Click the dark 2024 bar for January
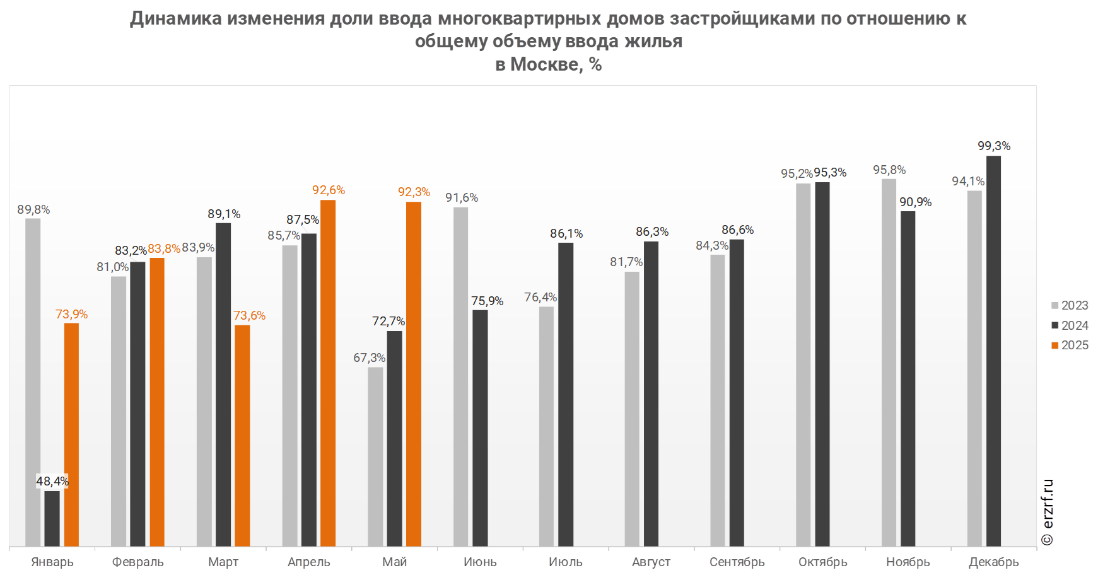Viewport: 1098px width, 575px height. (x=52, y=518)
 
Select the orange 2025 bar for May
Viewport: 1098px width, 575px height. (x=414, y=374)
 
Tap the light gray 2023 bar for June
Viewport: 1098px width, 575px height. (x=461, y=376)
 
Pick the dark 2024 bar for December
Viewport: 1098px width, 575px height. (x=993, y=351)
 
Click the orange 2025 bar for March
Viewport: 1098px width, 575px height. (x=242, y=436)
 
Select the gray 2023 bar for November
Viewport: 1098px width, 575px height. (x=889, y=363)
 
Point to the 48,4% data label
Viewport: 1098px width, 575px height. (x=52, y=482)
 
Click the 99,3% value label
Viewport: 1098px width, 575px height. (x=994, y=146)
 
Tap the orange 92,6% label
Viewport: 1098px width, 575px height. (x=329, y=190)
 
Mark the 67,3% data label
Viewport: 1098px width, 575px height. (x=370, y=358)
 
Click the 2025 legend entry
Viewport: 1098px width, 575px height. (x=1070, y=346)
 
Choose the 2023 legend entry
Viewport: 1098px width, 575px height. (x=1070, y=306)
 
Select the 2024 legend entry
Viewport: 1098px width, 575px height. (x=1070, y=326)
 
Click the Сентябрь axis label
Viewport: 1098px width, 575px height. (x=737, y=562)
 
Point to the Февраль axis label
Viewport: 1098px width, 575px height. (x=137, y=562)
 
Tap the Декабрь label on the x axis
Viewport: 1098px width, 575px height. (x=994, y=562)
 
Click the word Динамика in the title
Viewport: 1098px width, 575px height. (x=176, y=19)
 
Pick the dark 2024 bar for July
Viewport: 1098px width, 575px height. (x=566, y=395)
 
